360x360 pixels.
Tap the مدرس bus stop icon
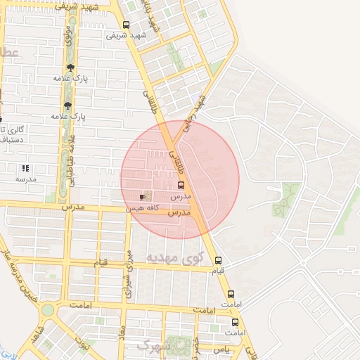click(x=181, y=186)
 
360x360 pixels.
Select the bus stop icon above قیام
click(x=218, y=260)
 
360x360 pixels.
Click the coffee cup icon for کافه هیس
click(x=143, y=198)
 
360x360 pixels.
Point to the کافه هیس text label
click(x=143, y=209)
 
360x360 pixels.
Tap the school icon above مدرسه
click(x=25, y=168)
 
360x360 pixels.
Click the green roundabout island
click(x=47, y=310)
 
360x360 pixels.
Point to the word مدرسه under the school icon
click(x=25, y=179)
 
